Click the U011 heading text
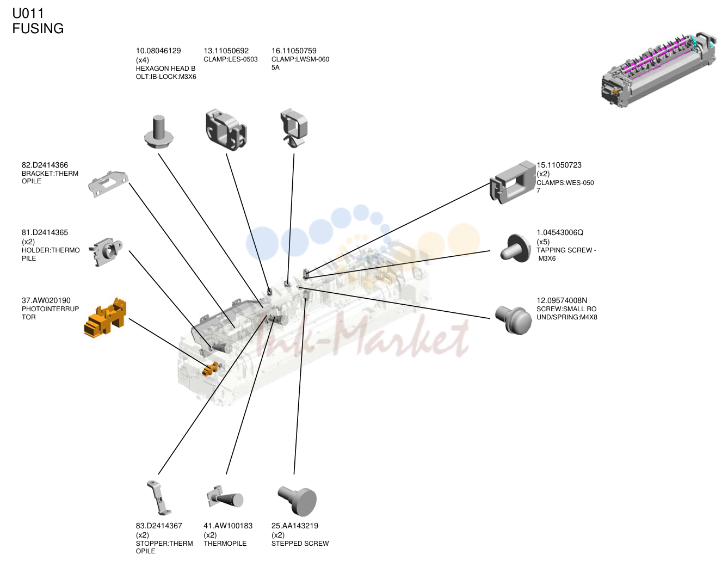click(28, 14)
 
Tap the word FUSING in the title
click(38, 28)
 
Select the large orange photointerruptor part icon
click(105, 318)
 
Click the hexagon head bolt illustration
click(158, 132)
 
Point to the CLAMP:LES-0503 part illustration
click(226, 130)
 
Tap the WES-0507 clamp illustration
click(512, 182)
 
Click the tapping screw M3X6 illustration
click(515, 249)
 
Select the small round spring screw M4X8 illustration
click(513, 319)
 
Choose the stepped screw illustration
click(297, 501)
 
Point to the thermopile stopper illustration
click(159, 498)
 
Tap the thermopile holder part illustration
click(106, 252)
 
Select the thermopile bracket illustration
click(108, 184)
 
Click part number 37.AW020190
click(46, 300)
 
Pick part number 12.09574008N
click(562, 300)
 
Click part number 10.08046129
click(158, 51)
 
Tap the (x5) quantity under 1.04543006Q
click(543, 242)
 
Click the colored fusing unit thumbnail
click(659, 70)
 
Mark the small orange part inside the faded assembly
click(211, 369)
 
